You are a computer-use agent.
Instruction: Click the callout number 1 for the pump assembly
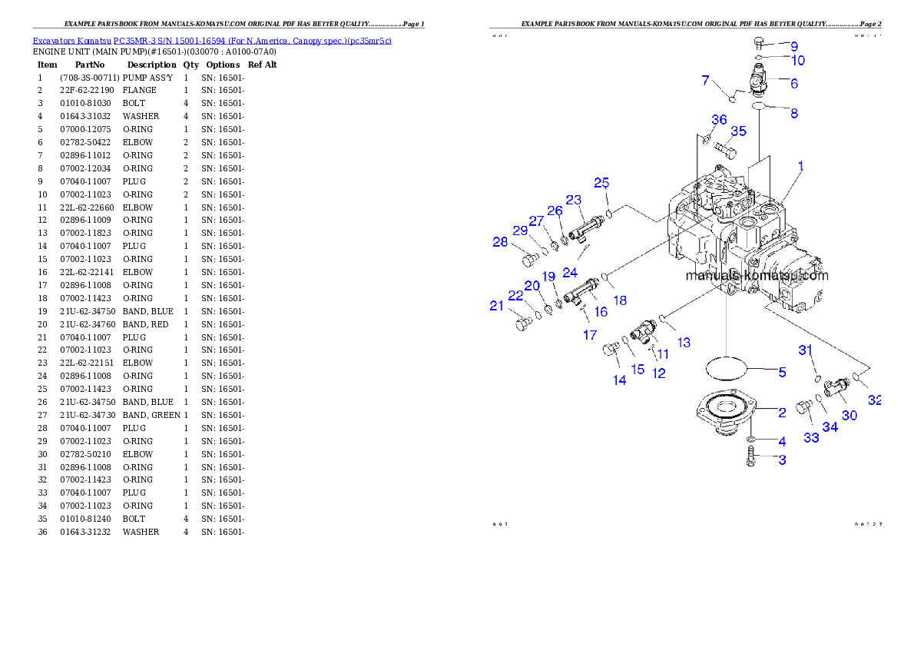point(800,165)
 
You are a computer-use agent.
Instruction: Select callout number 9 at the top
point(794,47)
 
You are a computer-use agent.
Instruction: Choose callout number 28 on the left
point(500,242)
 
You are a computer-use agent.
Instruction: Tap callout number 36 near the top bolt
point(719,120)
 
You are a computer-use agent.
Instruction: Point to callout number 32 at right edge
point(875,400)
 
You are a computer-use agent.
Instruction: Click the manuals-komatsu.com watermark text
point(757,276)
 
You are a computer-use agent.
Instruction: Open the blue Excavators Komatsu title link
point(212,40)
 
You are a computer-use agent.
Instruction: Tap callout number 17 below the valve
point(590,335)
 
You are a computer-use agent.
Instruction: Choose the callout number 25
point(601,183)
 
